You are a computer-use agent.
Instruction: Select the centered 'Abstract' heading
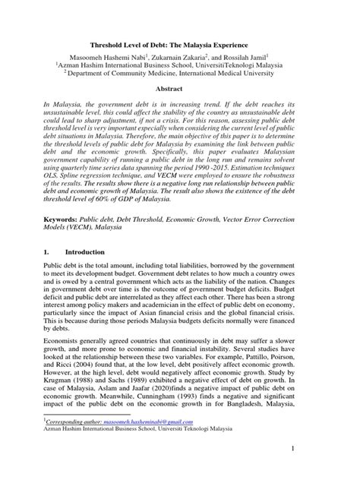[179, 89]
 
